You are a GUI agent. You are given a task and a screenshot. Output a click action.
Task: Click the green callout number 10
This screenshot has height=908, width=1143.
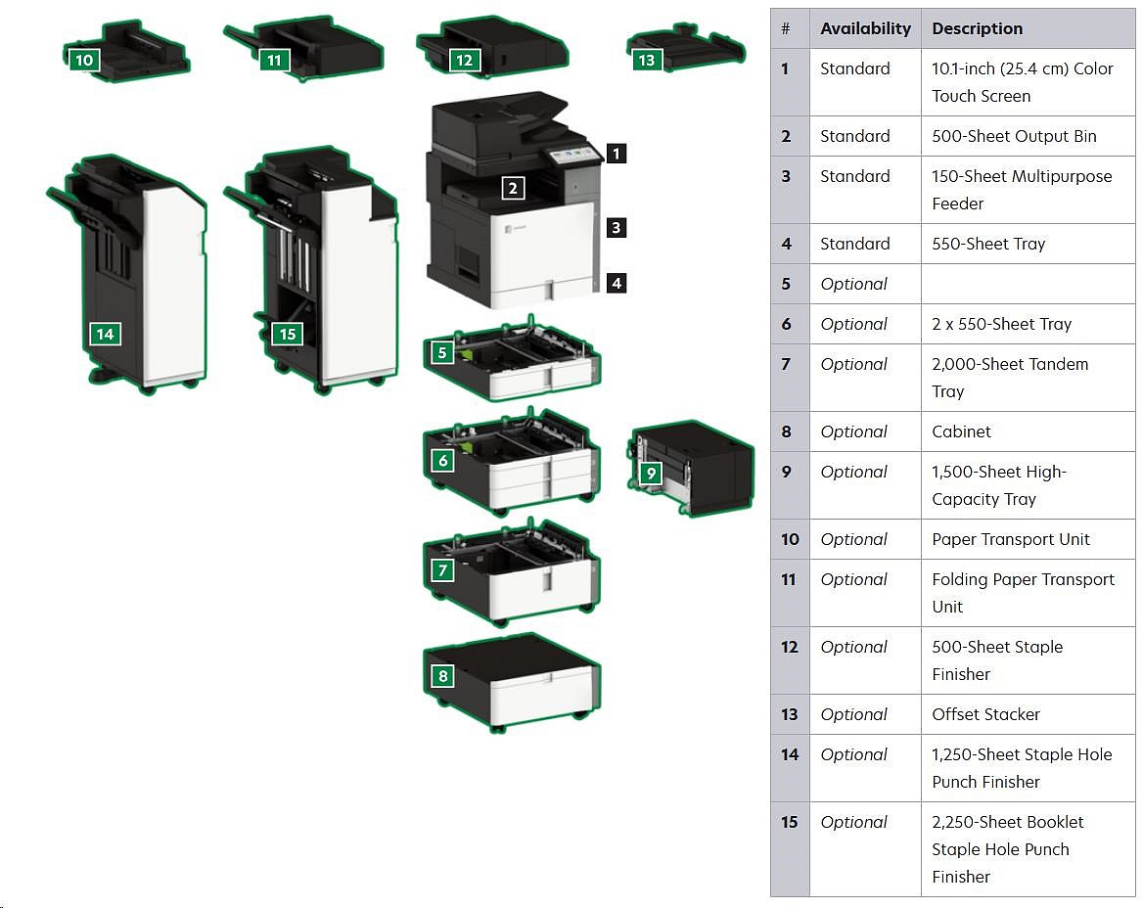(x=84, y=60)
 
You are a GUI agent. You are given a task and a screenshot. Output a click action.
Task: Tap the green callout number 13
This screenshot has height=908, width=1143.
(x=646, y=60)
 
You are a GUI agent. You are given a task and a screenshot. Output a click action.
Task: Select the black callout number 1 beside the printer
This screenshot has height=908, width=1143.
(x=616, y=153)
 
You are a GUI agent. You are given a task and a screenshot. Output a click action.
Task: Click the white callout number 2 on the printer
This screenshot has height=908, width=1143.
(x=513, y=188)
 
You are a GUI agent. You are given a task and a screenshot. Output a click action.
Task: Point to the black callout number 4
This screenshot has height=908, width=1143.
(x=616, y=283)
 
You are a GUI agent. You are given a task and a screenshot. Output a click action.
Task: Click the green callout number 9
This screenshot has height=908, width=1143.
(x=650, y=474)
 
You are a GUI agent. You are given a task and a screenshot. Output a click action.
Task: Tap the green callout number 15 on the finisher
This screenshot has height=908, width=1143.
(x=287, y=334)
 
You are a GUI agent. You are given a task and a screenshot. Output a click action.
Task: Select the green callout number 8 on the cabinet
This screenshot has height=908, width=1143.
(x=443, y=675)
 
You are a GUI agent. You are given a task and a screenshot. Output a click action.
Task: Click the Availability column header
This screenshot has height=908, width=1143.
(x=865, y=28)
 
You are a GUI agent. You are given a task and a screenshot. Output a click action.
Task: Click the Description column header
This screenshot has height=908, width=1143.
(x=977, y=28)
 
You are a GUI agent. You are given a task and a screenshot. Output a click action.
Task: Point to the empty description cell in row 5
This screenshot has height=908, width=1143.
(x=1028, y=284)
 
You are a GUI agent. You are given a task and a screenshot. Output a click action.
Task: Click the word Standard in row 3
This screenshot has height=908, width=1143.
(x=854, y=176)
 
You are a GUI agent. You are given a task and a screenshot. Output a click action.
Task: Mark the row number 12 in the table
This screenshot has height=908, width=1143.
(x=790, y=647)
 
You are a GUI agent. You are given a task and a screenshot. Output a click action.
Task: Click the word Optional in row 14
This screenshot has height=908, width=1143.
(x=853, y=754)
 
